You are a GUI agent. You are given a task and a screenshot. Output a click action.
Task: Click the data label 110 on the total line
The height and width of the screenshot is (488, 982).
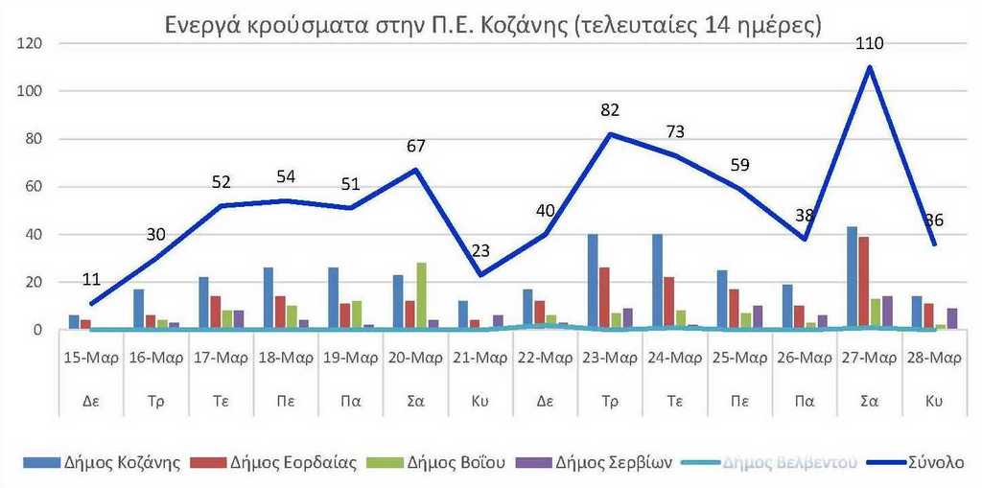pyautogui.click(x=870, y=43)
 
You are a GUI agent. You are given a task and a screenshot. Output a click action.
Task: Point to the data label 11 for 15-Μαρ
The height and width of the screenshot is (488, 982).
pyautogui.click(x=91, y=280)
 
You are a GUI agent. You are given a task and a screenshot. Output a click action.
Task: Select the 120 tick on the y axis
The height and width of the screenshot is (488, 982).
pyautogui.click(x=33, y=44)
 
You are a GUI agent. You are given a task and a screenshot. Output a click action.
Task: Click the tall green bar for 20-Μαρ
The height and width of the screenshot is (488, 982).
pyautogui.click(x=421, y=295)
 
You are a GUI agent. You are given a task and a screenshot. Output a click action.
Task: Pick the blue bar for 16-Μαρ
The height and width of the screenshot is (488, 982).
pyautogui.click(x=139, y=309)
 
